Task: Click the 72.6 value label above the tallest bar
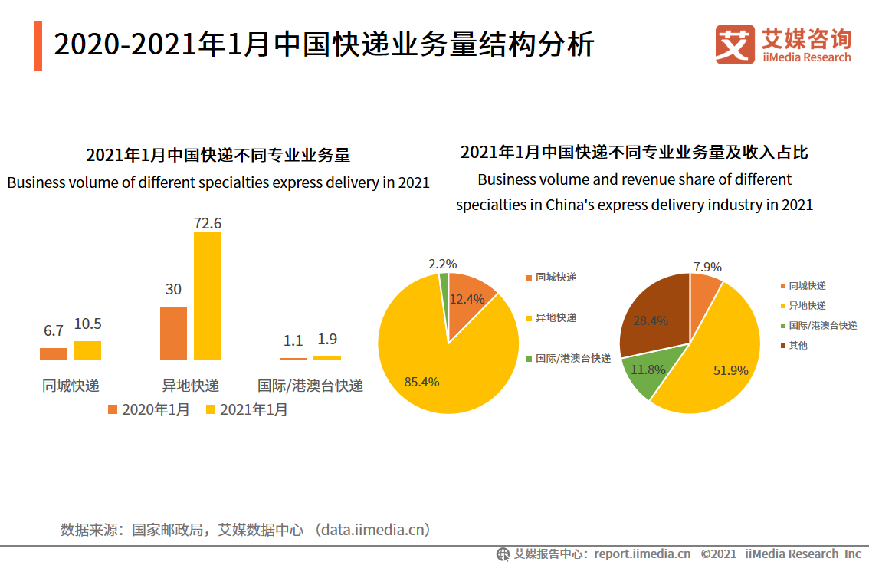tap(207, 223)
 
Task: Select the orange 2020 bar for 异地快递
tap(173, 333)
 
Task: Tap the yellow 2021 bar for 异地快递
tap(207, 295)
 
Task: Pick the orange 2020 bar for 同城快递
tap(53, 353)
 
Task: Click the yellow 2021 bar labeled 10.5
tap(87, 350)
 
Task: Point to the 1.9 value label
tap(327, 339)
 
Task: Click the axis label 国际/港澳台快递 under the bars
tap(310, 385)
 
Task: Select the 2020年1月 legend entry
tap(149, 409)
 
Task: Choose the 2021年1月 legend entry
tap(247, 409)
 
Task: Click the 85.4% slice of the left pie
tap(429, 360)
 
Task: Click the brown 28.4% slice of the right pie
tap(651, 314)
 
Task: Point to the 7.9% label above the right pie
tap(707, 267)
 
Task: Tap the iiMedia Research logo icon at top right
tap(734, 44)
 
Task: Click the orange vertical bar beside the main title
tap(38, 46)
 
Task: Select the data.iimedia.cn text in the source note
tap(374, 529)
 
